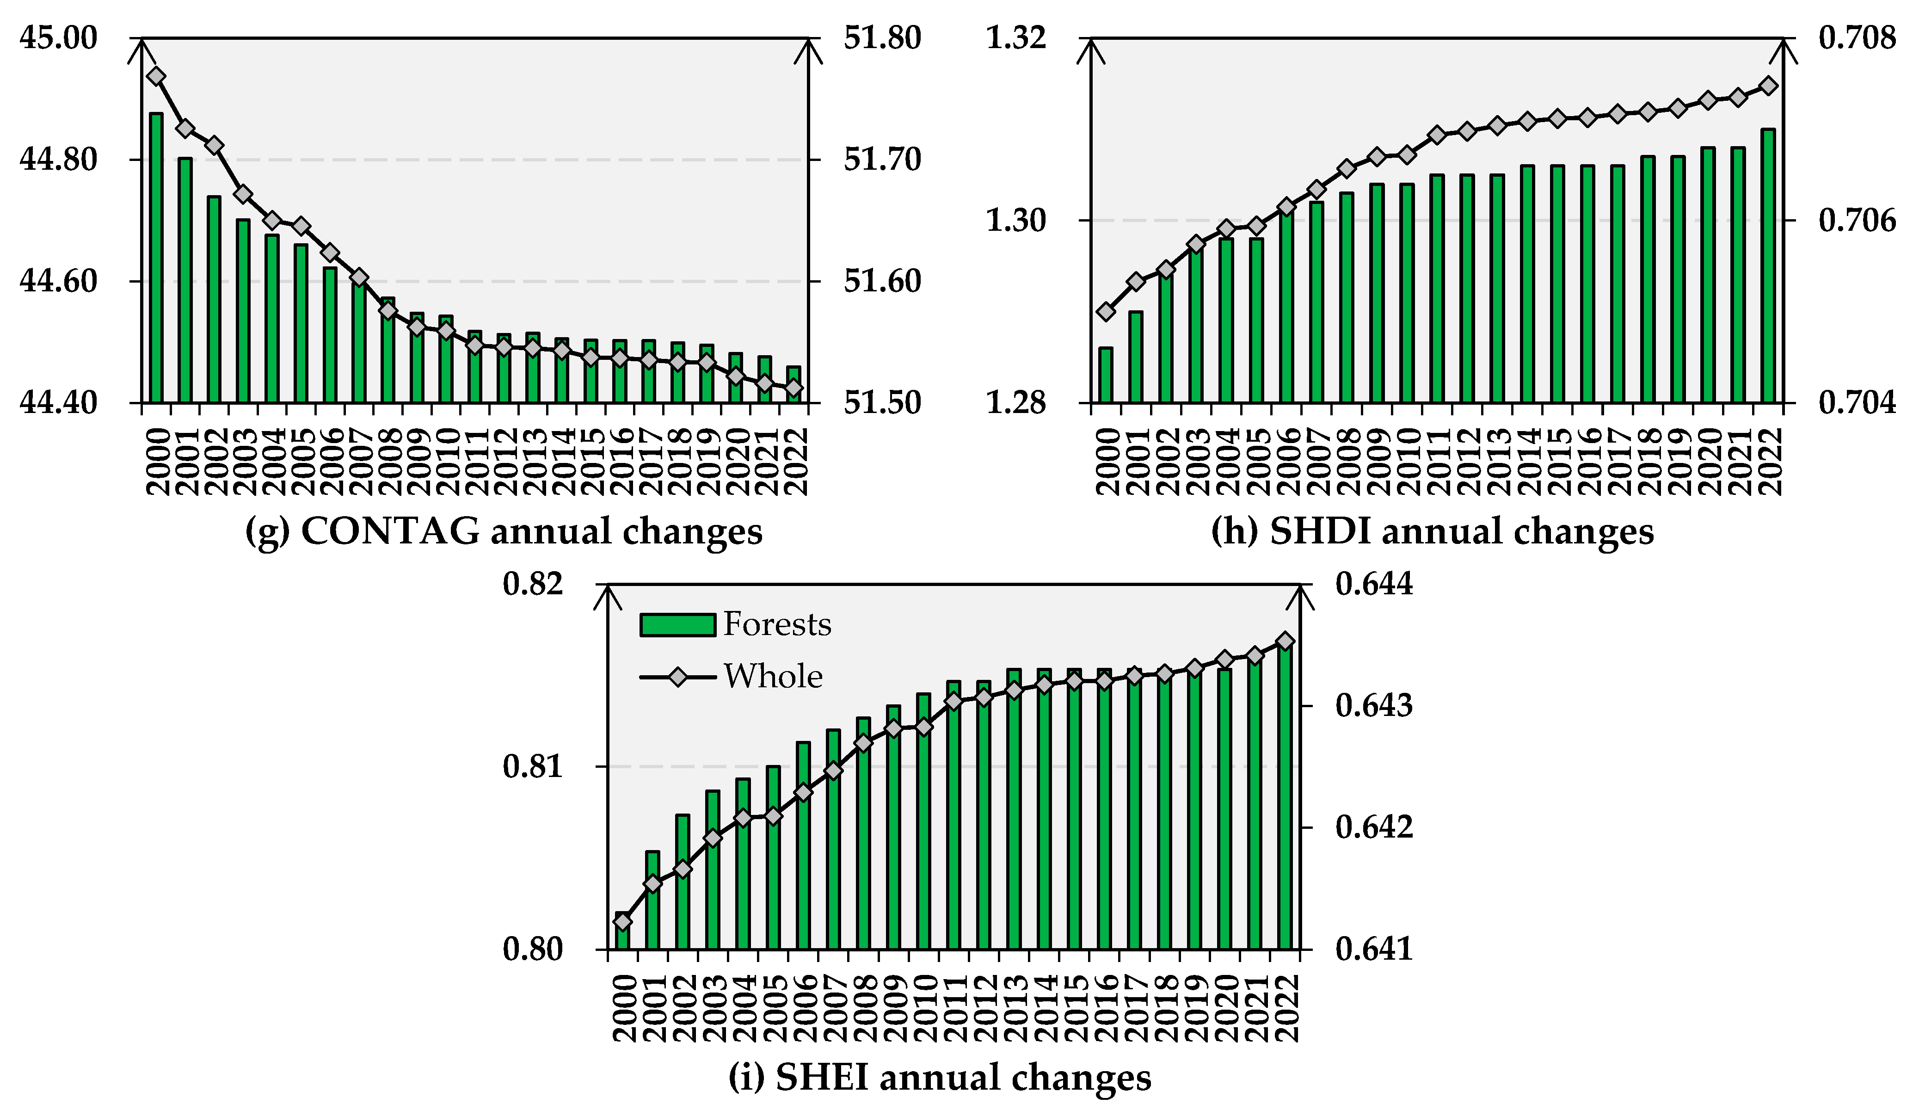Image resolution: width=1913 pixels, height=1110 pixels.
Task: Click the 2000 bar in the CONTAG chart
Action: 156,258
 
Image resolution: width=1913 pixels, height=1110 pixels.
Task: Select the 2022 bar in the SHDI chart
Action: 1768,266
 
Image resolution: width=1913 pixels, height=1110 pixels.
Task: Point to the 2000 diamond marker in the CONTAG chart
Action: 156,76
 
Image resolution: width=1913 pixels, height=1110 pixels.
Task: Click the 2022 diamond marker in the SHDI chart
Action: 1768,86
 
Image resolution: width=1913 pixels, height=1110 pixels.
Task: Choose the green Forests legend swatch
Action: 677,625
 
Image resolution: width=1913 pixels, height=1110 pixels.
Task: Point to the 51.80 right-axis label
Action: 882,38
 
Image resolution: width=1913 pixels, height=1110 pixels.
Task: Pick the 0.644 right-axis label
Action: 1374,585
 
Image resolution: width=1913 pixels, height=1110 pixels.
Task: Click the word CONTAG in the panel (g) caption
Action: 390,531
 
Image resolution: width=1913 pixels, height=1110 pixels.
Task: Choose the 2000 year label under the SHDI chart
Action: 1107,462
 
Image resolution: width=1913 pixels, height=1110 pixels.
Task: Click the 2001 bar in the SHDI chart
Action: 1136,357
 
